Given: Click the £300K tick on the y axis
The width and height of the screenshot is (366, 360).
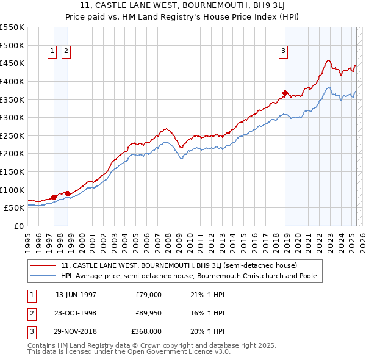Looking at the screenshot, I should point(12,117).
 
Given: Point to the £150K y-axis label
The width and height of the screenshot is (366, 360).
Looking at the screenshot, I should point(12,171).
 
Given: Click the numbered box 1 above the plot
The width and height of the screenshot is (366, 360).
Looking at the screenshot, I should point(52,52).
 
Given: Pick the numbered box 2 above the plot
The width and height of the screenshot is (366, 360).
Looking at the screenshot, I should point(66,52).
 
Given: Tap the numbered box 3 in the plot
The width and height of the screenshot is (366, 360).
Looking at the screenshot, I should point(284,52).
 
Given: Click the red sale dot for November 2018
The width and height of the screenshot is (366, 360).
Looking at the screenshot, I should point(285,93).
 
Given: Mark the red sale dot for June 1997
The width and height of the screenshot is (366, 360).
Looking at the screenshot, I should point(54,197).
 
